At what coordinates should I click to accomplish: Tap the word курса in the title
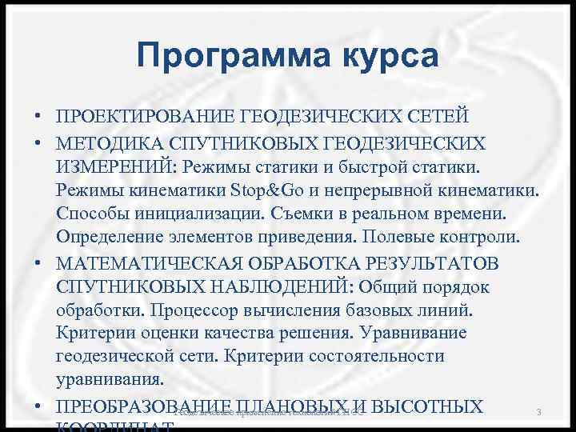pos(387,57)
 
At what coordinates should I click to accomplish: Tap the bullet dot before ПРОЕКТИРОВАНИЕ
pos(38,118)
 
